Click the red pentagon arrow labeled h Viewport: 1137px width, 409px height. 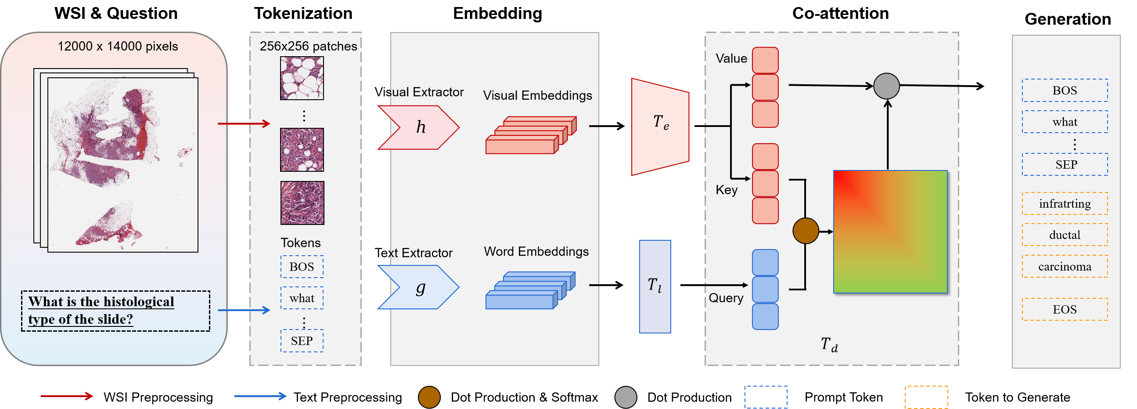pyautogui.click(x=419, y=127)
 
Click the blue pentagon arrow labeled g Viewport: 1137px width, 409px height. pyautogui.click(x=419, y=288)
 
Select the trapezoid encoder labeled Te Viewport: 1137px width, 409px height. pyautogui.click(x=660, y=127)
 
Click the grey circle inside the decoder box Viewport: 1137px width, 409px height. pyautogui.click(x=886, y=86)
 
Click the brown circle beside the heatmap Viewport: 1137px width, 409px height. pyautogui.click(x=806, y=231)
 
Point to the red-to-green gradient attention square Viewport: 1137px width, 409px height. pyautogui.click(x=890, y=232)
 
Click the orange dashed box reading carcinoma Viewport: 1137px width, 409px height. pyautogui.click(x=1065, y=266)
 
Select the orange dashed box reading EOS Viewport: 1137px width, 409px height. pyautogui.click(x=1065, y=309)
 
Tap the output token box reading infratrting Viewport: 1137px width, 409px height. pyautogui.click(x=1065, y=203)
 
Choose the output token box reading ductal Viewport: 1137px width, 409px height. pyautogui.click(x=1065, y=235)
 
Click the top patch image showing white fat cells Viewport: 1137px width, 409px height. pyautogui.click(x=302, y=78)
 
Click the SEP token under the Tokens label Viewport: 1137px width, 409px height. pyautogui.click(x=302, y=340)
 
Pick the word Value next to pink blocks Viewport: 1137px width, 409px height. pyautogui.click(x=731, y=58)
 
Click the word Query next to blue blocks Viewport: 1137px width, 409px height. pyautogui.click(x=726, y=298)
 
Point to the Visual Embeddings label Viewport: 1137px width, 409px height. pyautogui.click(x=537, y=95)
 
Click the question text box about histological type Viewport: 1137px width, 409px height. pyautogui.click(x=115, y=311)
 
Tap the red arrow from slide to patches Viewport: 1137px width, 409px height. pyautogui.click(x=244, y=124)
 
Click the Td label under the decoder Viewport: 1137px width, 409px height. pyautogui.click(x=829, y=344)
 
